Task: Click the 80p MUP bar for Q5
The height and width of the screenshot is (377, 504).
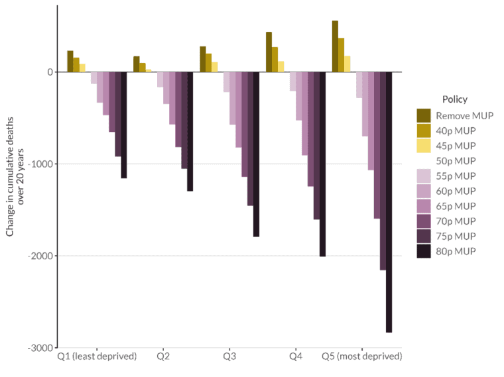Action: click(389, 202)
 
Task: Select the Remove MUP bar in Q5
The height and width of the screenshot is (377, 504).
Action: click(335, 46)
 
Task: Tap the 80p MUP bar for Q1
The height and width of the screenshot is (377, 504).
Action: click(124, 125)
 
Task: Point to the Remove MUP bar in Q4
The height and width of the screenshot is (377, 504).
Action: click(269, 52)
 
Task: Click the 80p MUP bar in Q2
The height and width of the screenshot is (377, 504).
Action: click(190, 131)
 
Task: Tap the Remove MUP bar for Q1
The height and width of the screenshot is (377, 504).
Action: click(70, 61)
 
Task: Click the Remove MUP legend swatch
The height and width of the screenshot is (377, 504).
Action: click(424, 115)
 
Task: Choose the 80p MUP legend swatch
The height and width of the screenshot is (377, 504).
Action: click(424, 251)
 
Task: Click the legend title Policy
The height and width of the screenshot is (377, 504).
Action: click(454, 99)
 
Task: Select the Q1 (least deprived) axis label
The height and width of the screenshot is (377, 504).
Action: click(97, 356)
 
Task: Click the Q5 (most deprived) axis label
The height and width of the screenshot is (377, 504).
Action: click(361, 356)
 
